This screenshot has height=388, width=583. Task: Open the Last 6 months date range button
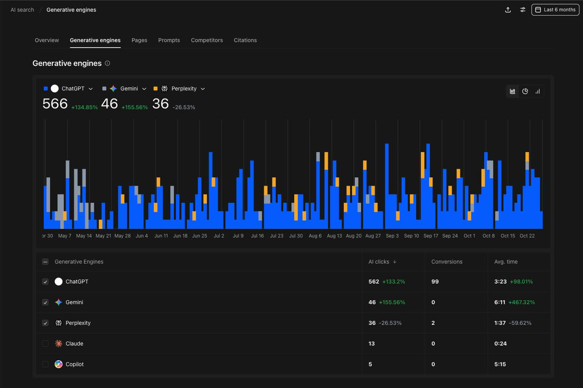(x=555, y=10)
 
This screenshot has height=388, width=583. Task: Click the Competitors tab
(x=207, y=40)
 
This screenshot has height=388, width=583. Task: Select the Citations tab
(x=245, y=40)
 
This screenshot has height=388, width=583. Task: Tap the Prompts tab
(x=169, y=40)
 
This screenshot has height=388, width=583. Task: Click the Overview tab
(x=47, y=40)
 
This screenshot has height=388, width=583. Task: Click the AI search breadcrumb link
(x=22, y=10)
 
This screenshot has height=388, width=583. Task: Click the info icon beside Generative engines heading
(x=107, y=63)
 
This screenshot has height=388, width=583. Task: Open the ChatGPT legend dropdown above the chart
(x=91, y=89)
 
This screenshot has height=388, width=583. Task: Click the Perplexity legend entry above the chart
(x=184, y=89)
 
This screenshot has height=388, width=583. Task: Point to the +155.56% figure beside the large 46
(x=134, y=107)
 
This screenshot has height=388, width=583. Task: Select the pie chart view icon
(x=525, y=91)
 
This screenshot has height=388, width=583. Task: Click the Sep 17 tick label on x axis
(x=430, y=236)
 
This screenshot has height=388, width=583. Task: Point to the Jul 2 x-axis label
(x=219, y=236)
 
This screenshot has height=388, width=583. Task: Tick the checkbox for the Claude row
(x=45, y=343)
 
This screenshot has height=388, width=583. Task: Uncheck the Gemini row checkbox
(x=45, y=302)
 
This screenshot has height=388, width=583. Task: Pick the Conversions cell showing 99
(x=435, y=282)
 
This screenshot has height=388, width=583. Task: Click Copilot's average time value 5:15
(x=500, y=364)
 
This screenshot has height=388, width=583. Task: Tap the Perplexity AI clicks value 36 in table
(x=372, y=323)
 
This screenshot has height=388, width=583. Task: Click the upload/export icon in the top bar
(x=508, y=10)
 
